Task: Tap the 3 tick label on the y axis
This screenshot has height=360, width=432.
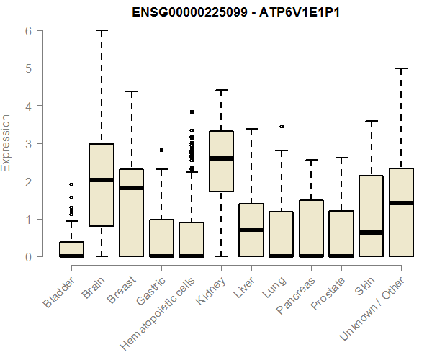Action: tap(27, 144)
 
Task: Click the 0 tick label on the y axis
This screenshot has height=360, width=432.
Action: tap(27, 257)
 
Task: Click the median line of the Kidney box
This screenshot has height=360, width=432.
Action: tap(221, 158)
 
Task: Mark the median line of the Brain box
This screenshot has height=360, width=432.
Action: tap(102, 180)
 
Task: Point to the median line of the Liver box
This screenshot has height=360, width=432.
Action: tap(251, 230)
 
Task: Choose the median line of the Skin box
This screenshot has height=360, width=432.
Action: tap(371, 233)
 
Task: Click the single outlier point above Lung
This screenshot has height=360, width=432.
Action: tap(281, 126)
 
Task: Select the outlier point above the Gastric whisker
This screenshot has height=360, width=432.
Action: tap(161, 150)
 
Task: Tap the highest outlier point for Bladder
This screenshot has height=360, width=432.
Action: tap(71, 184)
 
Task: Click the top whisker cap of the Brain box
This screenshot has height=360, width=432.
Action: tap(102, 31)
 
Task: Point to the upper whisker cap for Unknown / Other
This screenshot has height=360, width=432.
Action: tap(401, 68)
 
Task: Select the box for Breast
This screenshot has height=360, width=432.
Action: tap(131, 212)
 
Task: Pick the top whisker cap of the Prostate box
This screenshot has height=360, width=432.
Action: tap(341, 158)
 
